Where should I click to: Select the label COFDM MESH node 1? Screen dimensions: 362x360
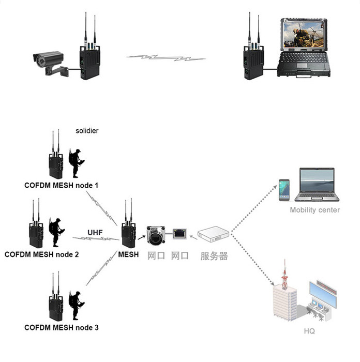(61, 185)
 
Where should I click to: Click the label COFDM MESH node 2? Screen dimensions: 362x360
(41, 254)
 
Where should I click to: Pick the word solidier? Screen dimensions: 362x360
(86, 131)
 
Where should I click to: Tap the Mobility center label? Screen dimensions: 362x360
(314, 210)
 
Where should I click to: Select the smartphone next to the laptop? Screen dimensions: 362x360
(284, 190)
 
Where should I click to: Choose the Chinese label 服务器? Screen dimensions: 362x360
(214, 255)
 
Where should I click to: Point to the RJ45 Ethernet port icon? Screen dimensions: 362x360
(179, 234)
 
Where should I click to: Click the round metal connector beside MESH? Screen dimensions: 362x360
(155, 236)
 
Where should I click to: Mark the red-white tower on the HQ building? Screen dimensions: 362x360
(283, 277)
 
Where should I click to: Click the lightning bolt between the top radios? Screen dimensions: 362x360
(166, 57)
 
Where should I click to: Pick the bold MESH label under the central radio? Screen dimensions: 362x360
(128, 254)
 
